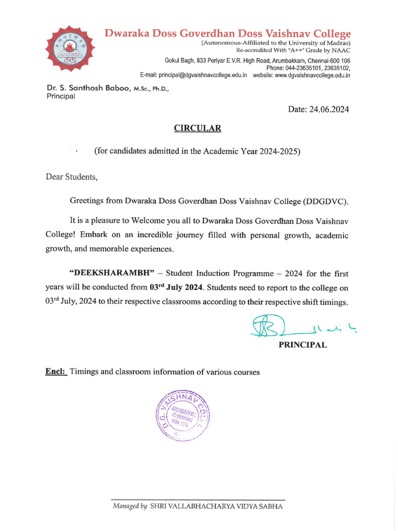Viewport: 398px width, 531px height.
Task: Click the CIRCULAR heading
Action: [x=196, y=128]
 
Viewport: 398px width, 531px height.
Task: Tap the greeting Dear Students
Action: [x=72, y=177]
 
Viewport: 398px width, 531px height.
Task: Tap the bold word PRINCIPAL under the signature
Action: [x=303, y=345]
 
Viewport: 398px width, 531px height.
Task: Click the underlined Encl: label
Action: [x=55, y=372]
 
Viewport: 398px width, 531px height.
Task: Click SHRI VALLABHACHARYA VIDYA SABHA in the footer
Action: [x=217, y=506]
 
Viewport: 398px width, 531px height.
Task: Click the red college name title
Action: [x=228, y=34]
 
